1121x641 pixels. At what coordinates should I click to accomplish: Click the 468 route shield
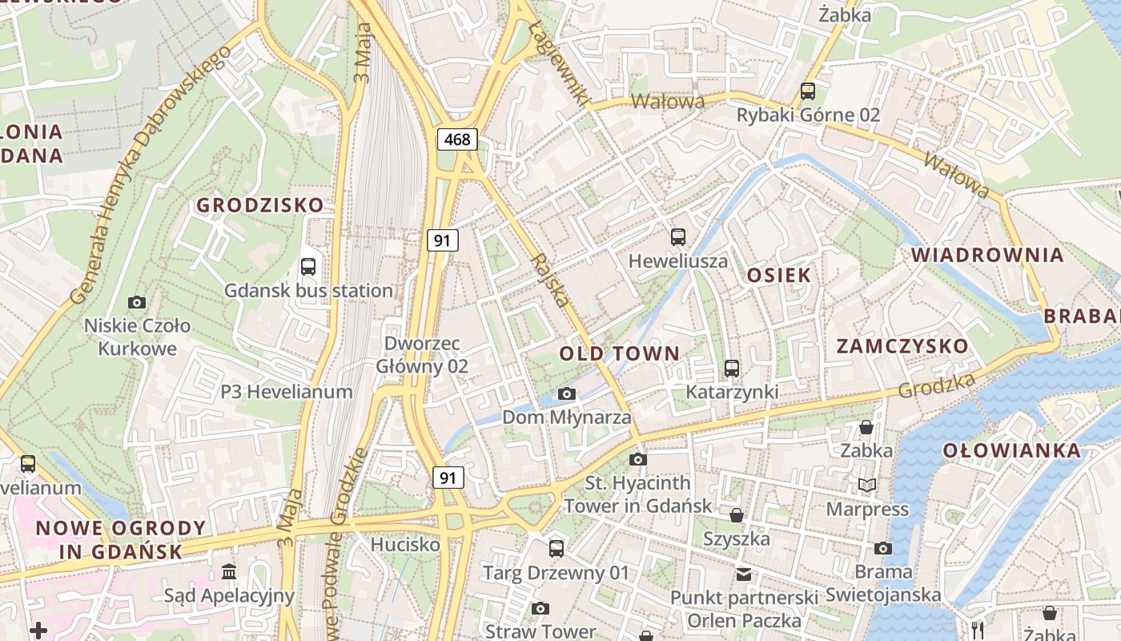(457, 139)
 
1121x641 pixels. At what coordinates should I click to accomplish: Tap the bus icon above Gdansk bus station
(308, 267)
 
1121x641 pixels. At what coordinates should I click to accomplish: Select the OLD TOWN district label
(619, 353)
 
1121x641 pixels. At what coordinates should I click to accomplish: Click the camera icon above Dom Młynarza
(567, 393)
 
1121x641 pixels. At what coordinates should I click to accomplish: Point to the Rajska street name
(551, 280)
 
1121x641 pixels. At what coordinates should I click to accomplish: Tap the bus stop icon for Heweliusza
(678, 237)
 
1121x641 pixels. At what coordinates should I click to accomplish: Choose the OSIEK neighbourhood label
(778, 276)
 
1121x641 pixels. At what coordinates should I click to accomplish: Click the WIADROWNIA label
(987, 256)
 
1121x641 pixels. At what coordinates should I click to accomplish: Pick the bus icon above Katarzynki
(732, 369)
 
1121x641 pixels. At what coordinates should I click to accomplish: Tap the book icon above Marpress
(867, 485)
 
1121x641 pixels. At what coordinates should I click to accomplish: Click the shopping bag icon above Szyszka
(736, 514)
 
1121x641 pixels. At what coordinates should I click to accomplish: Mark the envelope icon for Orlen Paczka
(745, 574)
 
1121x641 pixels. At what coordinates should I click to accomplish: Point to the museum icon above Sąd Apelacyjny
(229, 572)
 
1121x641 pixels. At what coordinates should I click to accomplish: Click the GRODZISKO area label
(260, 205)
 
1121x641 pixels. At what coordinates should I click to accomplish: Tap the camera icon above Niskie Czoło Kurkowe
(137, 302)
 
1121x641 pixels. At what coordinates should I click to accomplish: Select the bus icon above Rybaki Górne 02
(808, 91)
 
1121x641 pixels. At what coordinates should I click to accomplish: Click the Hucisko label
(405, 545)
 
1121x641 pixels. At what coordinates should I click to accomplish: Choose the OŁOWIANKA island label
(1011, 450)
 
